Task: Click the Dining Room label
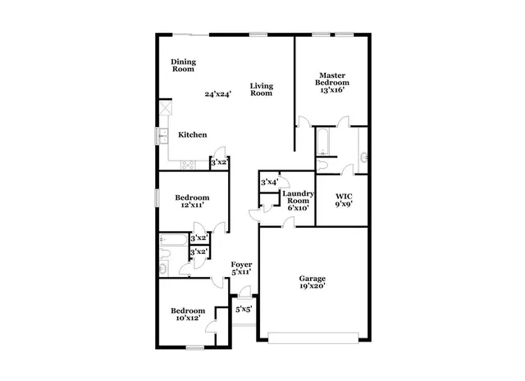click(184, 66)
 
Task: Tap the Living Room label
click(261, 89)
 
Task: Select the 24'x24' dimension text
click(217, 94)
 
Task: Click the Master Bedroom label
click(332, 79)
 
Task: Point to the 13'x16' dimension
click(332, 90)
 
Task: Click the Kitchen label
click(193, 134)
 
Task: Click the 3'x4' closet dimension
click(269, 182)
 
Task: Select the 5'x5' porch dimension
click(244, 310)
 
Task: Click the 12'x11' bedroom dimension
click(190, 206)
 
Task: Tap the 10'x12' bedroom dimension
click(186, 320)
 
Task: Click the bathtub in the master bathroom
click(323, 142)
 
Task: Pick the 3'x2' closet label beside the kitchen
click(218, 164)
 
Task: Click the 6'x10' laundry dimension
click(296, 208)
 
